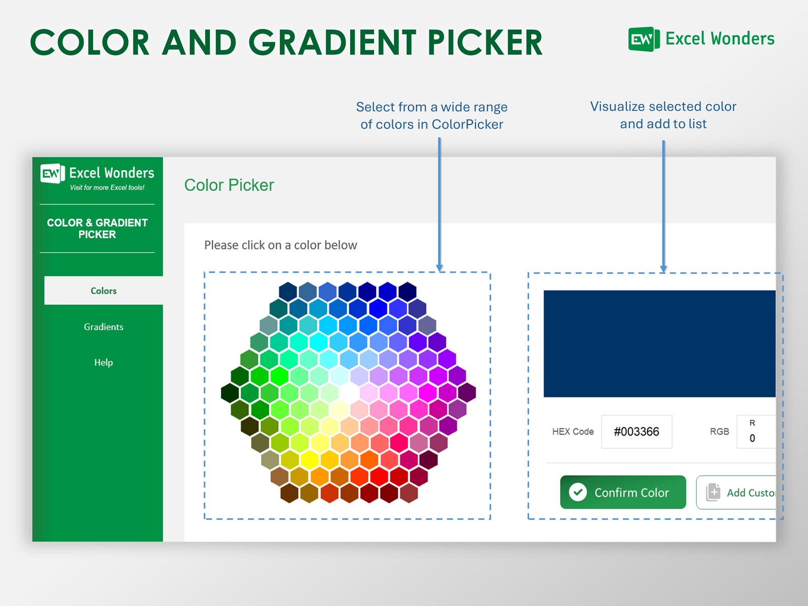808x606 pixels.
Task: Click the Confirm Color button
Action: pos(623,492)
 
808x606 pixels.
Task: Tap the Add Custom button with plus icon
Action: pos(737,492)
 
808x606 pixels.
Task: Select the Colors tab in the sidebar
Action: pos(103,291)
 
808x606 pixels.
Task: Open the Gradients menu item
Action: pos(103,327)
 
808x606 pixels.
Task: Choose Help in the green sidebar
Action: pos(103,362)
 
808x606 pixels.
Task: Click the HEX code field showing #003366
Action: pos(636,431)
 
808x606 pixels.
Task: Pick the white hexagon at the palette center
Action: pos(349,393)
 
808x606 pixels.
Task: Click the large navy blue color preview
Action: pos(659,343)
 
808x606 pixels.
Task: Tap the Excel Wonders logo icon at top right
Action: pos(643,39)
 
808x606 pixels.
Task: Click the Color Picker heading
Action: pos(229,185)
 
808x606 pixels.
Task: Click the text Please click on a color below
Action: pos(280,245)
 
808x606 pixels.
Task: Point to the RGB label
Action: pos(719,431)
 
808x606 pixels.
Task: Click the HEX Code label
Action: pos(572,431)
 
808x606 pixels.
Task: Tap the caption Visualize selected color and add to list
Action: pos(662,115)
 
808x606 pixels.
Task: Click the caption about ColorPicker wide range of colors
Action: pos(431,116)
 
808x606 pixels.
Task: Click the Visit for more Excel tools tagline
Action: pos(107,188)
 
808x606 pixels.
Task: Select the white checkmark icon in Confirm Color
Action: pos(578,492)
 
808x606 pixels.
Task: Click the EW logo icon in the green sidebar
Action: pos(52,174)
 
